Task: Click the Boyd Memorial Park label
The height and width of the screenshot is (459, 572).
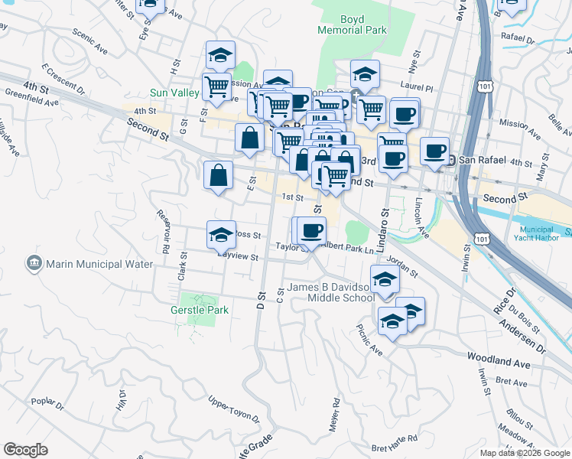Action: [x=353, y=24]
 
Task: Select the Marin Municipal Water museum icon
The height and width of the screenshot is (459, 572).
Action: [x=34, y=264]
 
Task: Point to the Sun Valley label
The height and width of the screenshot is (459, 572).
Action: [x=174, y=93]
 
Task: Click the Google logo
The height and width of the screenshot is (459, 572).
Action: [x=26, y=450]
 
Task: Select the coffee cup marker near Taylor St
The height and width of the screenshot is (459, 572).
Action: [x=312, y=231]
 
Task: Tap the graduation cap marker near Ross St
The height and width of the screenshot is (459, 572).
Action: [x=221, y=235]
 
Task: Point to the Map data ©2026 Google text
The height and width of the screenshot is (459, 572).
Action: [x=524, y=453]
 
